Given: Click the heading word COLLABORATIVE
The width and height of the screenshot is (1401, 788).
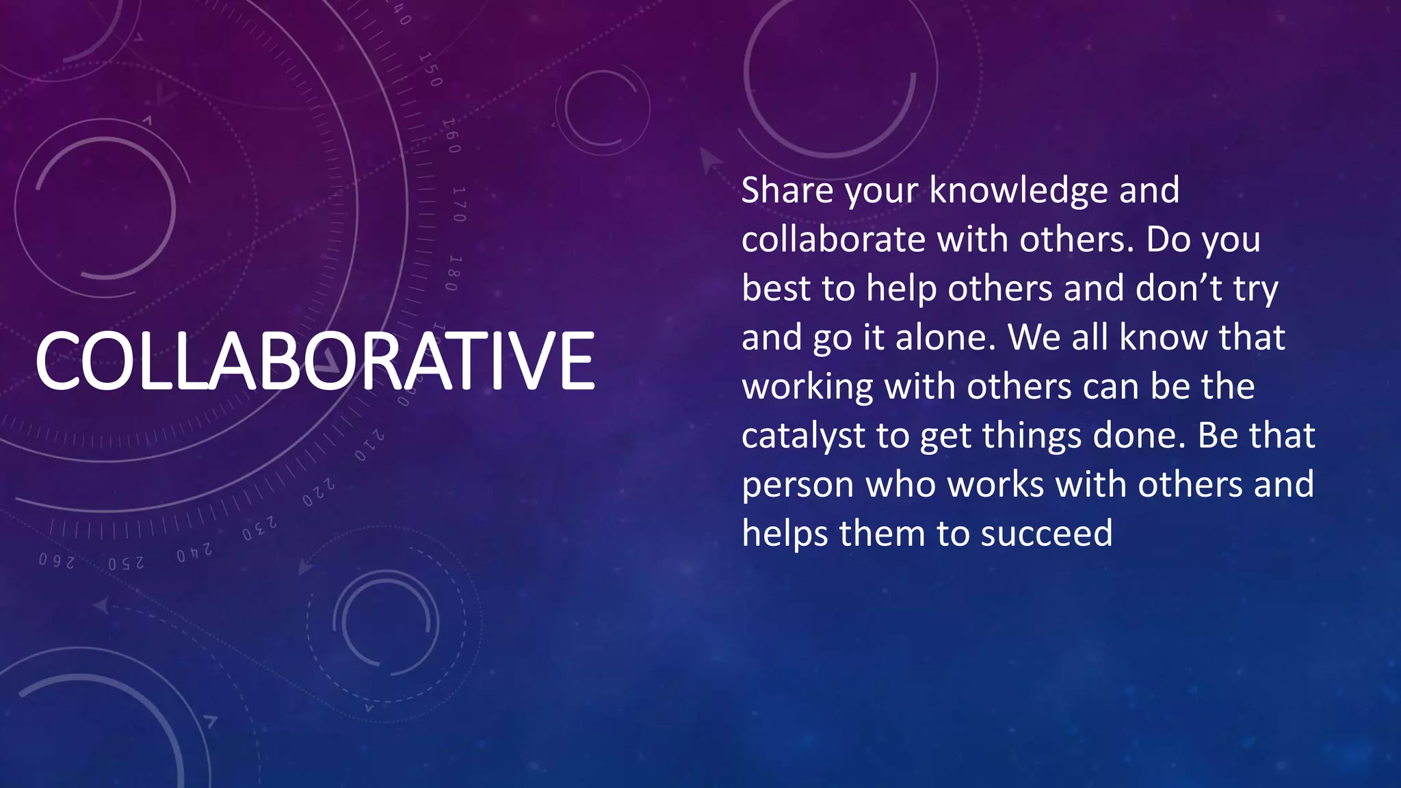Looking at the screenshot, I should click(315, 361).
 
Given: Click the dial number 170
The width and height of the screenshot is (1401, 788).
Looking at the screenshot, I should click(459, 204).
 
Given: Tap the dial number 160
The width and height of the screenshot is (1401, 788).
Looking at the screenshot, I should click(451, 135).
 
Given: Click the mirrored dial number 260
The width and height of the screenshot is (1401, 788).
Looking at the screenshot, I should click(56, 561).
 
